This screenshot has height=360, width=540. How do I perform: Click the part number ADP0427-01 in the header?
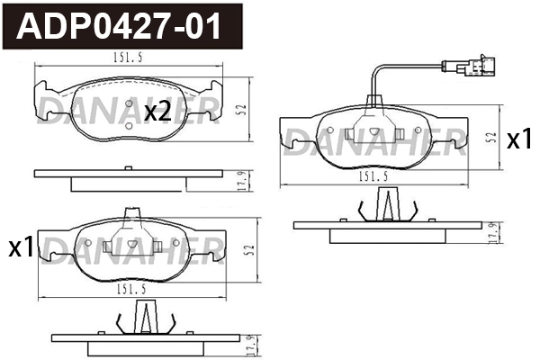[x=119, y=26]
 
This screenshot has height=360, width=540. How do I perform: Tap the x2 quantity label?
[x=157, y=112]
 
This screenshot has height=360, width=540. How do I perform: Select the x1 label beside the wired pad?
[x=519, y=139]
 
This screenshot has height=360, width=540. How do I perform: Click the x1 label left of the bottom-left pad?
[x=22, y=248]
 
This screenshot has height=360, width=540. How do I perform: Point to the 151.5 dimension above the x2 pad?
[x=128, y=58]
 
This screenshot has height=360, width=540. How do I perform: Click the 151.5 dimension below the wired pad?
[x=373, y=176]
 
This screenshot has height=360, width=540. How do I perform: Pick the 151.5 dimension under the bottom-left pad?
[x=131, y=290]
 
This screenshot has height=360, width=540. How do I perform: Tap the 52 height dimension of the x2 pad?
[x=243, y=110]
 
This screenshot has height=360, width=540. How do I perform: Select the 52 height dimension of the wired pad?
[x=493, y=138]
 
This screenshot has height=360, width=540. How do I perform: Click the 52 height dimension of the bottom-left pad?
[x=251, y=250]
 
